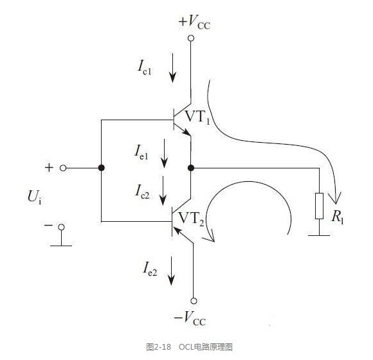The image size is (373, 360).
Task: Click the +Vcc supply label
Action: [x=195, y=22]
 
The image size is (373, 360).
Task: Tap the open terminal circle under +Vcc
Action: [x=191, y=38]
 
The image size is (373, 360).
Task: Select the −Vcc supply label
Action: [x=190, y=318]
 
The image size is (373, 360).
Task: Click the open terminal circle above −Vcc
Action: [x=194, y=301]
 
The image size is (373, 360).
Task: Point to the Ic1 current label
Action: [x=145, y=67]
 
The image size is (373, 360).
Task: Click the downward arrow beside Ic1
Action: [x=172, y=68]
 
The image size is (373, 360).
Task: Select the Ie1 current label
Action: [x=141, y=152]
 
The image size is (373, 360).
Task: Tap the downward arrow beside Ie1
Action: [x=164, y=154]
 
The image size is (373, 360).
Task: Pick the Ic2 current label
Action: [x=142, y=192]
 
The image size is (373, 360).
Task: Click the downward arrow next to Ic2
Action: [x=163, y=191]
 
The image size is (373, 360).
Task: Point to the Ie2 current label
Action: [x=150, y=269]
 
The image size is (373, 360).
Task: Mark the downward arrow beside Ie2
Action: [x=171, y=271]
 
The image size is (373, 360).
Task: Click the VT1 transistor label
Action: [x=197, y=117]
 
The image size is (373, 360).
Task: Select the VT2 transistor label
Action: [x=191, y=219]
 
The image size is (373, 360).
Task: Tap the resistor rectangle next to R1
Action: [x=319, y=206]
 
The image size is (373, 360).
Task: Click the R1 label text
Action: [x=338, y=217]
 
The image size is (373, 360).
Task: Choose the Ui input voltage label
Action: [x=35, y=197]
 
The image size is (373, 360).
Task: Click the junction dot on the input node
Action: [x=102, y=168]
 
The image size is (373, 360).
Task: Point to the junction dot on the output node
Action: [x=191, y=168]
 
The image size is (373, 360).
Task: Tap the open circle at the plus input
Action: [x=63, y=168]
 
